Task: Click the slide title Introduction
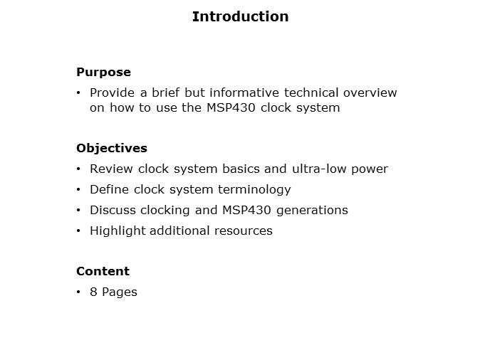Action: click(x=240, y=16)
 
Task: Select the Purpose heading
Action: click(x=103, y=72)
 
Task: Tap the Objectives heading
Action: click(x=112, y=149)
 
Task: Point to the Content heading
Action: click(x=103, y=271)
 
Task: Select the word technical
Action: click(x=311, y=92)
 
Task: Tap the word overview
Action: click(x=370, y=92)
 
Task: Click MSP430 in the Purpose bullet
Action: click(x=231, y=107)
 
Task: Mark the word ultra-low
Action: click(x=318, y=169)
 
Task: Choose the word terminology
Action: click(x=254, y=190)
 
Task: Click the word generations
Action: click(x=312, y=211)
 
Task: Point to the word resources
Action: click(x=244, y=231)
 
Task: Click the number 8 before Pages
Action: click(x=93, y=292)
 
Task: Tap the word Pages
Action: click(x=120, y=292)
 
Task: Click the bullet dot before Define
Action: click(x=78, y=190)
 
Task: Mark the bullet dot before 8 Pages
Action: click(x=78, y=292)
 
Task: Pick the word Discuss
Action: click(x=113, y=210)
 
